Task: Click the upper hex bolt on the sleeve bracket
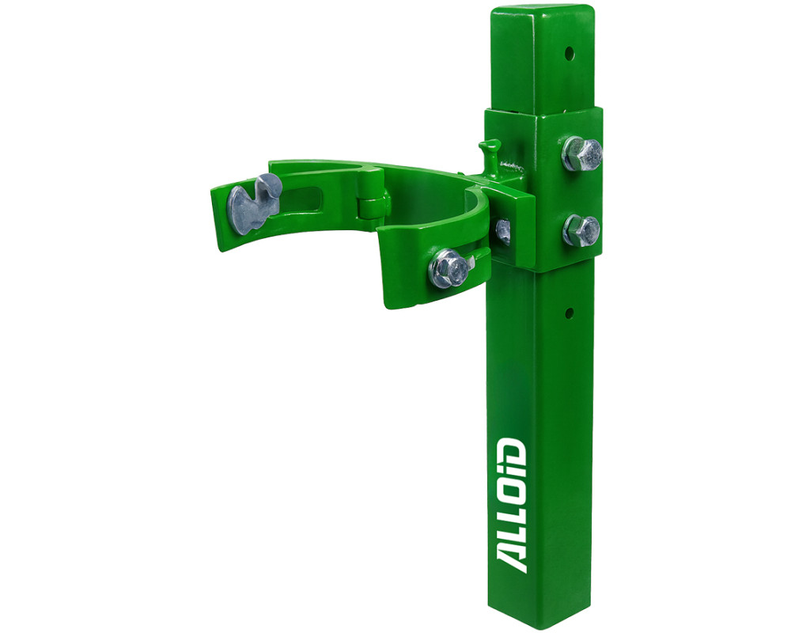581,154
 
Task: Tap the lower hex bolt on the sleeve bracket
581,230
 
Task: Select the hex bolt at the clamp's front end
449,269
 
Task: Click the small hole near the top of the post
570,53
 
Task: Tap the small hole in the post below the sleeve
569,313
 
